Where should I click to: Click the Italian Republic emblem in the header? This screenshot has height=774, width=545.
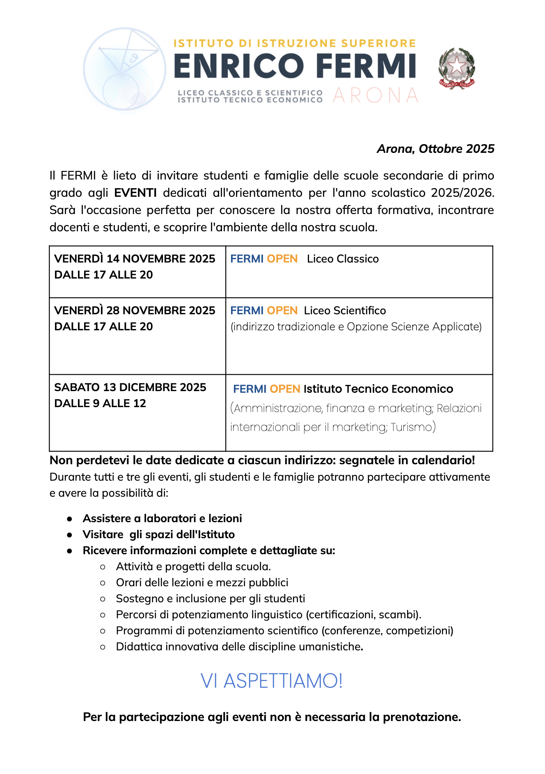click(456, 68)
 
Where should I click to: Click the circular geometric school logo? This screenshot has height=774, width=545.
click(124, 69)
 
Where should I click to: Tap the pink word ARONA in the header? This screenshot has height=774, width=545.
click(376, 95)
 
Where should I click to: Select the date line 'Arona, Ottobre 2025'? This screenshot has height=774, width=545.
click(435, 149)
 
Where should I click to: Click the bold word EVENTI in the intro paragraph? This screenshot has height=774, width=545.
click(135, 193)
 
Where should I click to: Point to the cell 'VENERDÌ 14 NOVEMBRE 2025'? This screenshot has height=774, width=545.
click(135, 259)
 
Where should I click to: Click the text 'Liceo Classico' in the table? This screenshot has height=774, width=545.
click(343, 259)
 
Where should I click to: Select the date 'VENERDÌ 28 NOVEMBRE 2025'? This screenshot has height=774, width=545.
click(135, 311)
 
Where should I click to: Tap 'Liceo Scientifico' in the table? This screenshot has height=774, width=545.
click(345, 311)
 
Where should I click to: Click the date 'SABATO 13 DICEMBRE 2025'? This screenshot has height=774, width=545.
click(130, 387)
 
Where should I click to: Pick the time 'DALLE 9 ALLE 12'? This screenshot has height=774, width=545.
click(100, 403)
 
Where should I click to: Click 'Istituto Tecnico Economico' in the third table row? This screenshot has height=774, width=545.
click(378, 389)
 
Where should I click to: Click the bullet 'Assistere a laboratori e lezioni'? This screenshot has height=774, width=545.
click(162, 518)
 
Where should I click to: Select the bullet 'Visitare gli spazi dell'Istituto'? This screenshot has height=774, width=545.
click(158, 534)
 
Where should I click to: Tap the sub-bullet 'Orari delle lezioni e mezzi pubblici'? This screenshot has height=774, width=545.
click(202, 583)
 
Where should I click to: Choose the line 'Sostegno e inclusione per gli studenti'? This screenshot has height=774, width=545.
click(210, 599)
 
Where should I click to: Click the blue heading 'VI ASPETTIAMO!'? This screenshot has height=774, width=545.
click(272, 681)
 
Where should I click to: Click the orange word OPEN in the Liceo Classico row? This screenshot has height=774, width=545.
click(282, 259)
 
